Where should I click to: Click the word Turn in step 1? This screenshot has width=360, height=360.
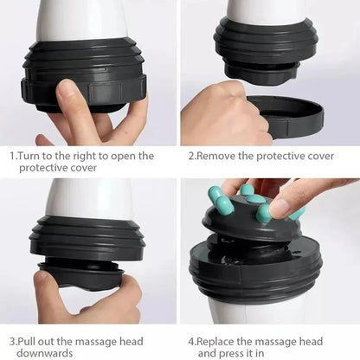pos(31,156)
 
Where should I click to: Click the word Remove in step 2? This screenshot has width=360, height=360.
pos(217,157)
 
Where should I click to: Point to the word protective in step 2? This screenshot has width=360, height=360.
pos(278,157)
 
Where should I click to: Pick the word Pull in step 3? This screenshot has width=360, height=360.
pos(31,341)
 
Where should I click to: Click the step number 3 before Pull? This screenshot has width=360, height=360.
pos(12,341)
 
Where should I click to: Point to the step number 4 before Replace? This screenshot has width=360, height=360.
pos(190,341)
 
